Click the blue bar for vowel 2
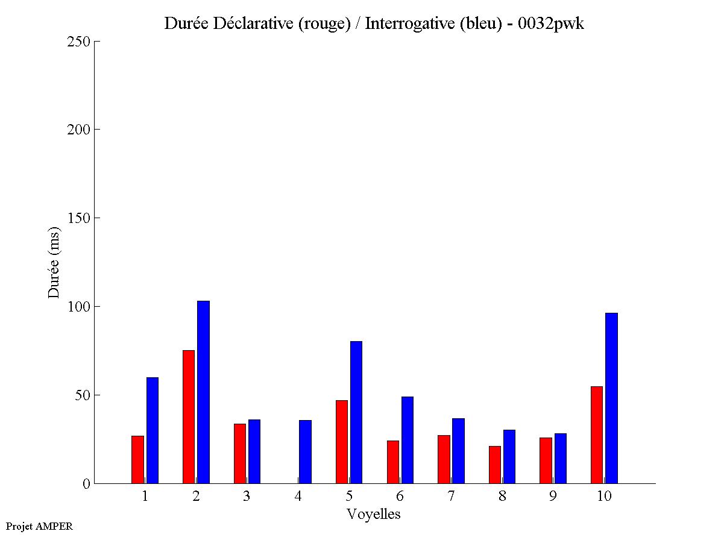tap(203, 392)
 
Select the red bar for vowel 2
tap(189, 416)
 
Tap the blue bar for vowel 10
tap(611, 398)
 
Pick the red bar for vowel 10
tap(597, 435)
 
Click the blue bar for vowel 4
tap(305, 451)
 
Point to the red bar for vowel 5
tap(342, 442)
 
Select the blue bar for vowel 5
tap(356, 412)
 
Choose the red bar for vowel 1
tap(138, 459)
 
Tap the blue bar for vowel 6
tap(408, 440)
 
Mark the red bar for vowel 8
tap(495, 465)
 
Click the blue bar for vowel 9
tap(561, 458)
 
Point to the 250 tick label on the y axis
tap(78, 42)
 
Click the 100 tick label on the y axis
tap(78, 307)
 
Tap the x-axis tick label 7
tap(451, 497)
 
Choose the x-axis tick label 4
tap(298, 497)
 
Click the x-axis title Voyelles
tap(374, 514)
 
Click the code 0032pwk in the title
tap(551, 24)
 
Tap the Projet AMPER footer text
tap(39, 526)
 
